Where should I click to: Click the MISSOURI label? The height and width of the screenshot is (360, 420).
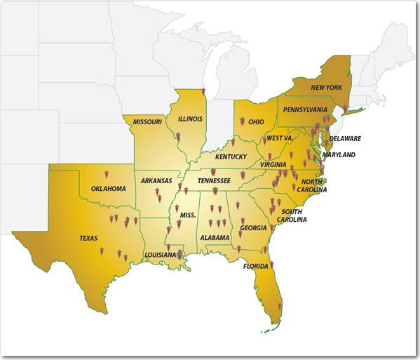pyautogui.click(x=147, y=122)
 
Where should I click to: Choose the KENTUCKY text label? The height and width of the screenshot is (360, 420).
pyautogui.click(x=231, y=156)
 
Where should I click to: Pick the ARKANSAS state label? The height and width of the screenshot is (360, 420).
pyautogui.click(x=156, y=181)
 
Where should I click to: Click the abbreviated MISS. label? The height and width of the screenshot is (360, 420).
pyautogui.click(x=187, y=214)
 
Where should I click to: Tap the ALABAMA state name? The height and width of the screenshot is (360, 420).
pyautogui.click(x=214, y=238)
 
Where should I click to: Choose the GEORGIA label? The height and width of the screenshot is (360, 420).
pyautogui.click(x=253, y=227)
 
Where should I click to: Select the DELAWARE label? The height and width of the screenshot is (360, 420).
pyautogui.click(x=345, y=139)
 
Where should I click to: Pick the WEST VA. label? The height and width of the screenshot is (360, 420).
pyautogui.click(x=278, y=139)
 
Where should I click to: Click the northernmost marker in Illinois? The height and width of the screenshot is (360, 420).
pyautogui.click(x=203, y=92)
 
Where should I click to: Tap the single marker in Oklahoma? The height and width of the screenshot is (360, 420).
pyautogui.click(x=106, y=173)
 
